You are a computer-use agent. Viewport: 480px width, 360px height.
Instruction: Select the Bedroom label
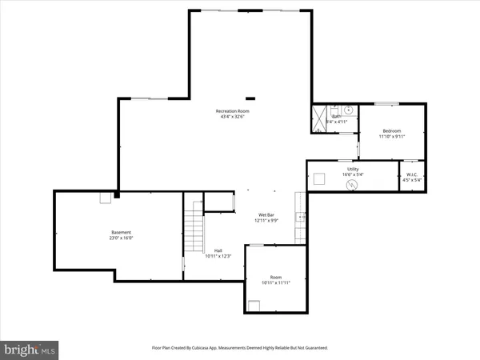(x=391, y=130)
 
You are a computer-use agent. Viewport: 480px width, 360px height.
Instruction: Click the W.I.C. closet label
(x=412, y=174)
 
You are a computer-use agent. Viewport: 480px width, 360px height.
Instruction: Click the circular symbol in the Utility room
(x=350, y=184)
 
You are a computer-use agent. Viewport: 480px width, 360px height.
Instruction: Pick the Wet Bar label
(x=267, y=215)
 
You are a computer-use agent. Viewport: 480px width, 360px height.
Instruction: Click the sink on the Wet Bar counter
(x=300, y=217)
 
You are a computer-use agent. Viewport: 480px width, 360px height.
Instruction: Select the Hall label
(x=218, y=250)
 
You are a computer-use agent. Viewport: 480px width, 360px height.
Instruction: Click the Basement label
(x=121, y=232)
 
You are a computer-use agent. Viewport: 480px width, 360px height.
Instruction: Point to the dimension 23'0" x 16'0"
(x=121, y=238)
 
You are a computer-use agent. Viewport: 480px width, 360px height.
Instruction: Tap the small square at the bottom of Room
(x=255, y=303)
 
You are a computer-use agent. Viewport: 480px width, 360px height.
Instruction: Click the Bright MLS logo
(x=30, y=350)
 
